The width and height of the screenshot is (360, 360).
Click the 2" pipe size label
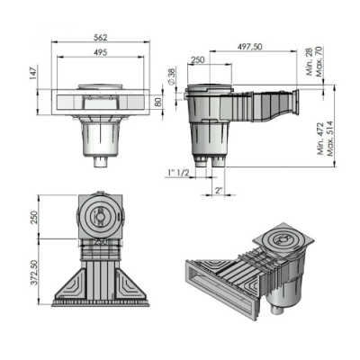pyautogui.click(x=219, y=192)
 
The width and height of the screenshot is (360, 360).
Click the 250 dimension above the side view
pyautogui.click(x=198, y=58)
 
